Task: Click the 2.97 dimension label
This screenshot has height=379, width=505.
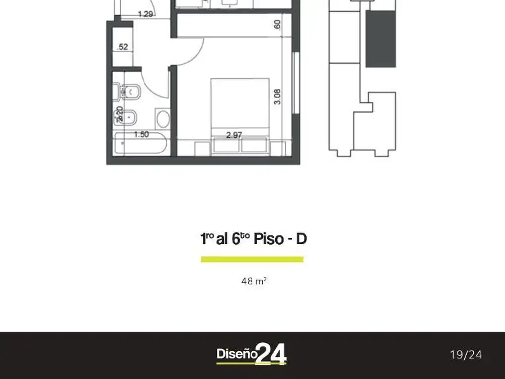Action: pyautogui.click(x=234, y=135)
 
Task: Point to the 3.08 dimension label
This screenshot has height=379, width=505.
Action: pyautogui.click(x=277, y=96)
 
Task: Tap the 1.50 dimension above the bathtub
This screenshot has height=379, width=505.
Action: pyautogui.click(x=142, y=134)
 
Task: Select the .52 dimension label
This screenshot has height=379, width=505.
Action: pyautogui.click(x=123, y=47)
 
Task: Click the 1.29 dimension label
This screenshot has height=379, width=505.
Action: pyautogui.click(x=145, y=14)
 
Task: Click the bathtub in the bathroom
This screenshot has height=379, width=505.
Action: pyautogui.click(x=141, y=146)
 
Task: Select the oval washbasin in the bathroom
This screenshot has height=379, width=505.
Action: pyautogui.click(x=162, y=119)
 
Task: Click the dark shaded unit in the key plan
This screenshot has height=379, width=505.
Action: pyautogui.click(x=380, y=38)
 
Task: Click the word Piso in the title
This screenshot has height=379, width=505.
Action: pyautogui.click(x=266, y=239)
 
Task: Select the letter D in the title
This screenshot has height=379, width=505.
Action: pyautogui.click(x=301, y=239)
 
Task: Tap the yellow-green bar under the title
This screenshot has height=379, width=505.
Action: pyautogui.click(x=252, y=259)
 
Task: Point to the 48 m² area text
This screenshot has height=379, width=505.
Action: pyautogui.click(x=253, y=281)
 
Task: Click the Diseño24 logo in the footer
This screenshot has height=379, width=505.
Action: pyautogui.click(x=252, y=354)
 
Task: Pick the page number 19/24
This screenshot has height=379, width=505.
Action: pyautogui.click(x=466, y=354)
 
